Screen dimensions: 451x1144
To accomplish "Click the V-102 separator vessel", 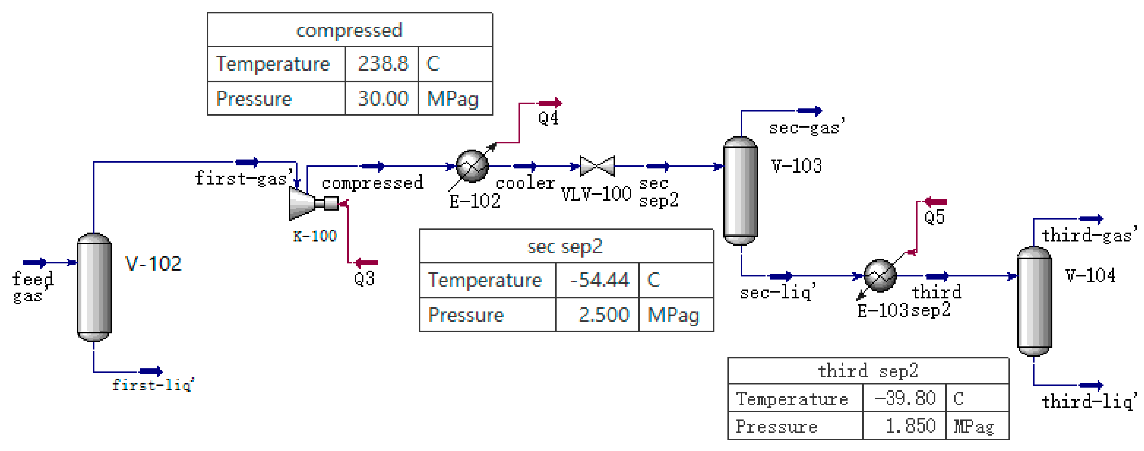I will [x=94, y=287].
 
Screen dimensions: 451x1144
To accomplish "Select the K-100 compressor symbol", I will [x=304, y=203].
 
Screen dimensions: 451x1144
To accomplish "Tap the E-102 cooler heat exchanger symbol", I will [x=472, y=167].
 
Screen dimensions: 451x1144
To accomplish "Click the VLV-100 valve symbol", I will [x=597, y=167].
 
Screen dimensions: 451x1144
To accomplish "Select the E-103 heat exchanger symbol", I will [x=880, y=276].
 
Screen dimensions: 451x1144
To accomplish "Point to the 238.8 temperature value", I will [x=383, y=63].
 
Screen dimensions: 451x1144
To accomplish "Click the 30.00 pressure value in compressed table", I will [x=383, y=98].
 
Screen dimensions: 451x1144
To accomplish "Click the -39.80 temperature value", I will [x=905, y=398].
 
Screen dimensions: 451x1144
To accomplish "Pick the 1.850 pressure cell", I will [x=910, y=426].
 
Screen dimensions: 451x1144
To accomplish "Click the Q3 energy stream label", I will [x=364, y=279].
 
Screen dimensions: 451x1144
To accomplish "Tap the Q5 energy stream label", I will [x=934, y=218].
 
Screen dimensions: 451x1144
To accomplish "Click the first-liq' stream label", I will [x=153, y=384].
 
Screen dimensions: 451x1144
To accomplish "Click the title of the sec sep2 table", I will [x=565, y=246].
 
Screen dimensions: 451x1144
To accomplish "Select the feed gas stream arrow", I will [x=35, y=263].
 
